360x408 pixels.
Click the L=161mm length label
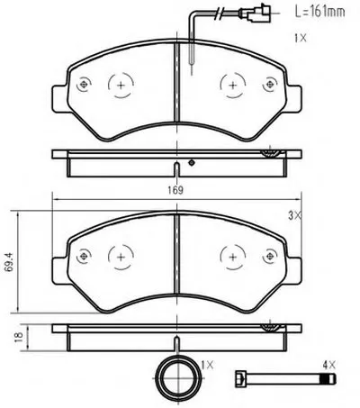[x=319, y=12]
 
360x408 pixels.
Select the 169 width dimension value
[x=175, y=190]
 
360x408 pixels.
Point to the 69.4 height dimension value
[x=10, y=262]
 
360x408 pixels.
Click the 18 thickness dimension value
[x=19, y=337]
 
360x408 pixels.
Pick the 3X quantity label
[x=294, y=215]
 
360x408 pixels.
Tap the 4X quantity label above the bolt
[x=329, y=365]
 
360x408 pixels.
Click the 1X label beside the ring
[x=207, y=365]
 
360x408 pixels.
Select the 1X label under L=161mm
[x=301, y=38]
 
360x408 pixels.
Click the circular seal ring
[x=160, y=376]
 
